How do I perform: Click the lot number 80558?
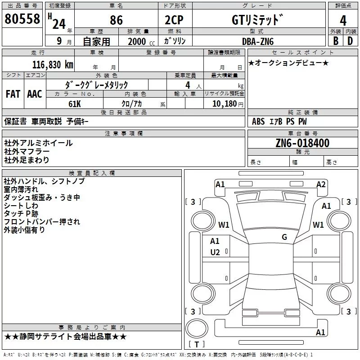coord(22,19)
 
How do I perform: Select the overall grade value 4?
coord(343,20)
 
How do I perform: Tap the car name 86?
coord(116,21)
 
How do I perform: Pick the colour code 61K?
coord(74,103)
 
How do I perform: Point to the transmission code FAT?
coord(13,94)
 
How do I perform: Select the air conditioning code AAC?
coord(35,94)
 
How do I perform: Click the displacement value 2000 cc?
coord(140,41)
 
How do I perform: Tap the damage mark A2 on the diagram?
coord(321,184)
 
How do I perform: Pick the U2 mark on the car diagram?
coord(215,252)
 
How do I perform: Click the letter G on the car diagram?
coord(284,237)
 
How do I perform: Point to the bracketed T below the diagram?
coord(196,345)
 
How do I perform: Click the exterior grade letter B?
coord(335,41)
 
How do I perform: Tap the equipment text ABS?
coord(258,121)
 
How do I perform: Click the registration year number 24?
coord(59,23)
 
